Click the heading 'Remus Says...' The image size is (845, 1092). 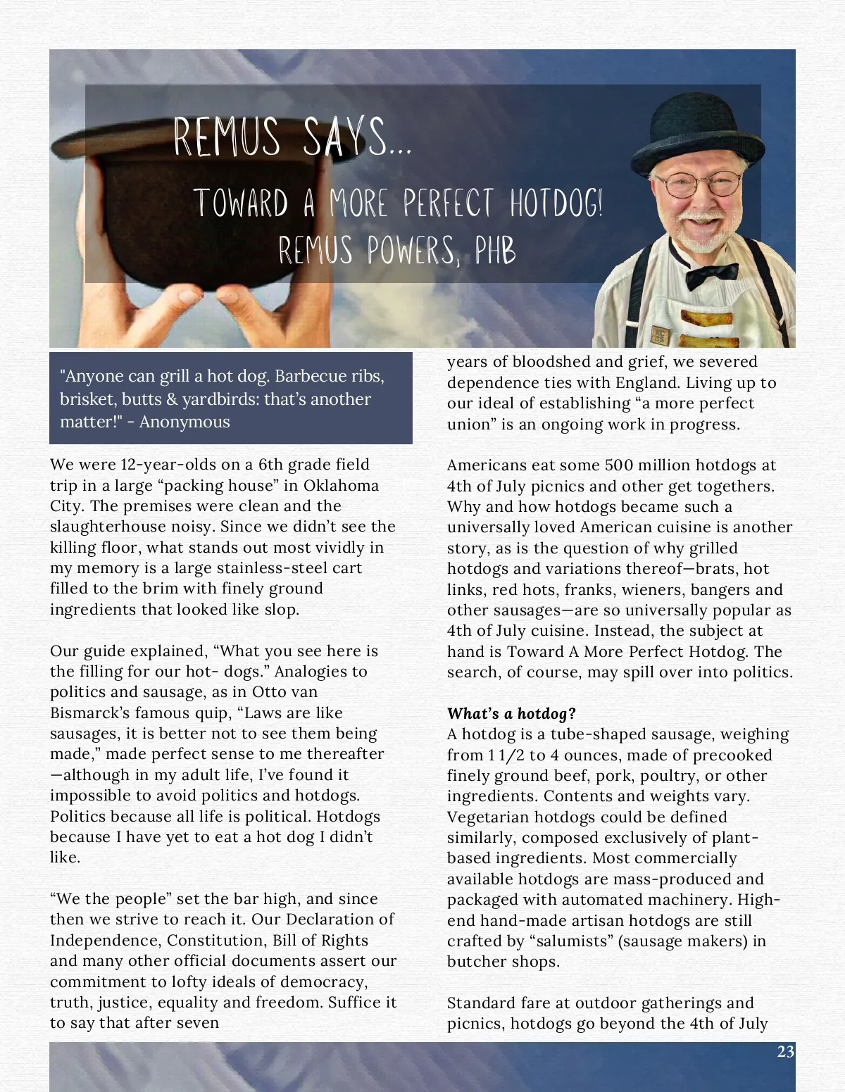(x=292, y=138)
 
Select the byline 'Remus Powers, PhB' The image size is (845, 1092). (x=397, y=250)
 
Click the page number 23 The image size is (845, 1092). (x=785, y=1052)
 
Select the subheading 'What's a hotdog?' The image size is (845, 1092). (x=511, y=713)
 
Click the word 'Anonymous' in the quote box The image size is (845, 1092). (x=184, y=422)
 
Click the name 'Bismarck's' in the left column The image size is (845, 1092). (x=89, y=713)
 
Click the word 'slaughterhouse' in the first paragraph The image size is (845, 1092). (x=103, y=527)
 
